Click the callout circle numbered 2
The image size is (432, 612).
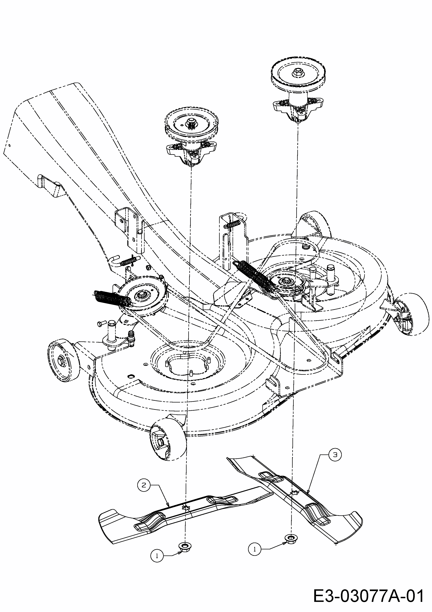[x=144, y=485]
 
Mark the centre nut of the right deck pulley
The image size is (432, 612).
[x=287, y=281]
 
